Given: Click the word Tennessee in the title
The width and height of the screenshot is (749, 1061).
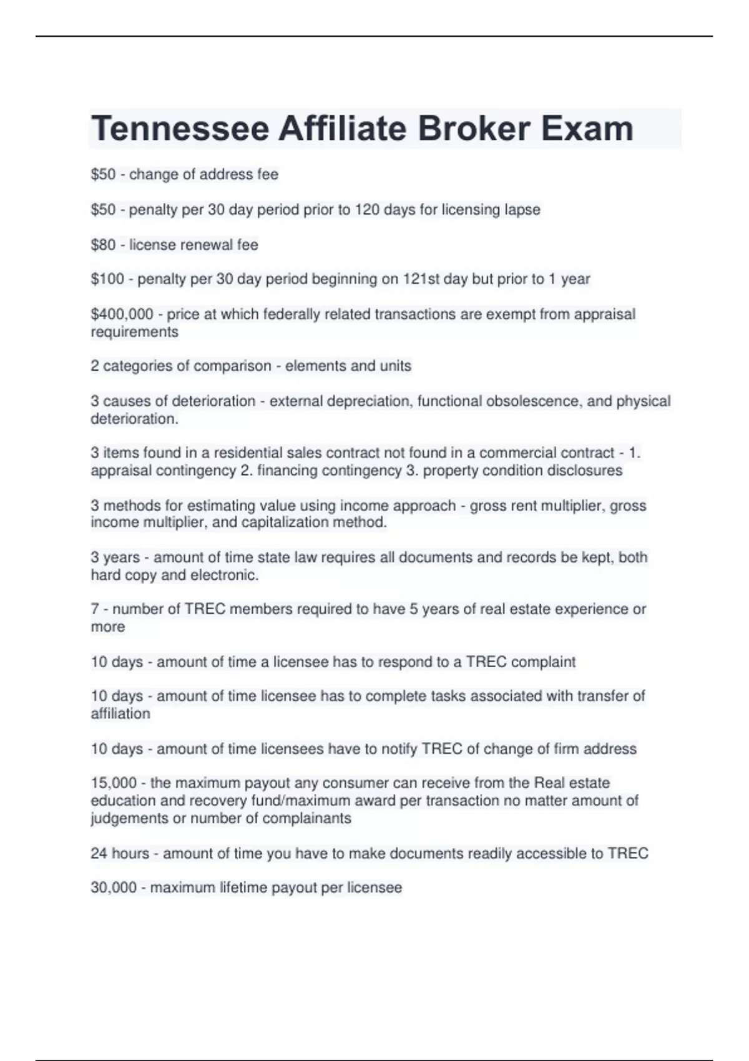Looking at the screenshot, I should pos(180,129).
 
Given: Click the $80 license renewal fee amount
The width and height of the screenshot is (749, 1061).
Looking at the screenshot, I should pos(103,245).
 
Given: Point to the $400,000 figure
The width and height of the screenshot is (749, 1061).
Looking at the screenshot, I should pos(122,314).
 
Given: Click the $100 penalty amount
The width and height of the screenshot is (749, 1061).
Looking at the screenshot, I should pos(107,279).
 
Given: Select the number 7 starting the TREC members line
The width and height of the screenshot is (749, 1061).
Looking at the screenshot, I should pos(95,609).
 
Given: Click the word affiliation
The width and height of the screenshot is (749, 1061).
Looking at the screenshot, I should pos(120,714).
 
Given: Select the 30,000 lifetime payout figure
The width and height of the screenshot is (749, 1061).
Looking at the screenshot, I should pos(113,887).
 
